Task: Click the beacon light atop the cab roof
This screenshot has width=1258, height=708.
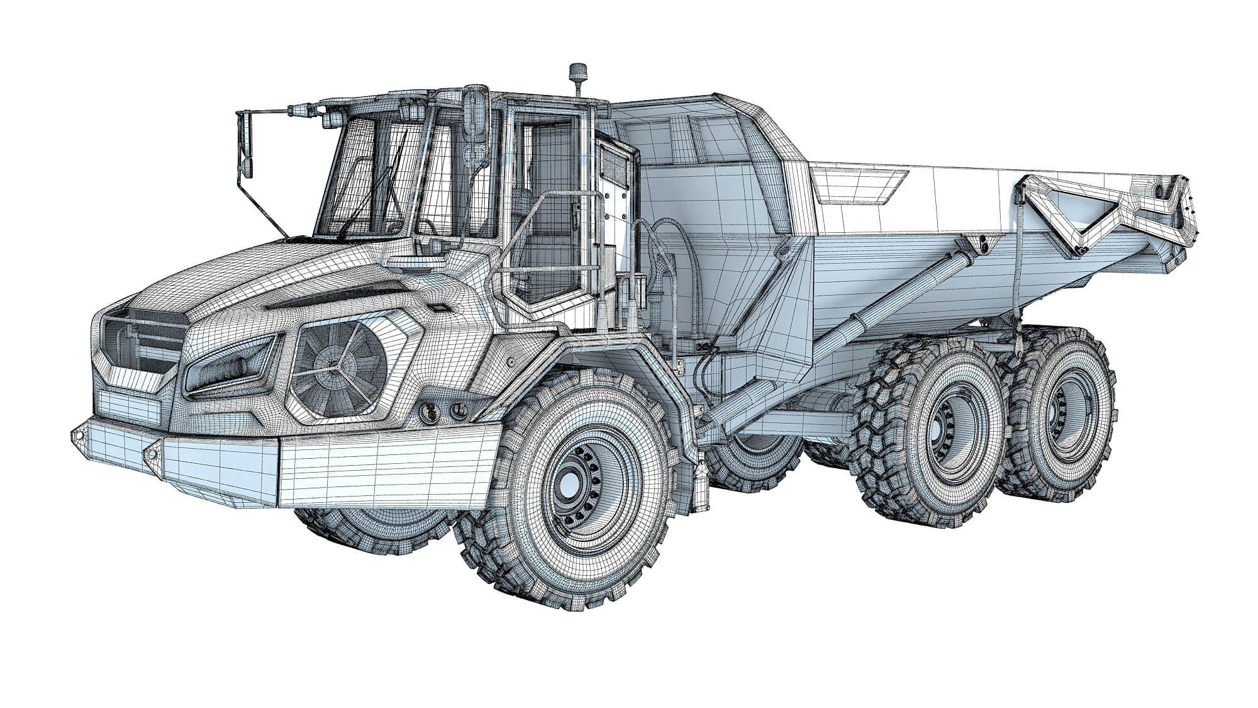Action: pyautogui.click(x=576, y=76)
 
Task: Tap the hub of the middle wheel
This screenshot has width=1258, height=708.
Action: pyautogui.click(x=945, y=429)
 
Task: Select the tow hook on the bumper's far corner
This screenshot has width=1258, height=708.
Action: pyautogui.click(x=79, y=435)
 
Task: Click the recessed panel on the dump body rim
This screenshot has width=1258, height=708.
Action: pyautogui.click(x=859, y=187)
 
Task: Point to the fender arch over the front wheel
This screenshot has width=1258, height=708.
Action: pyautogui.click(x=604, y=362)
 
